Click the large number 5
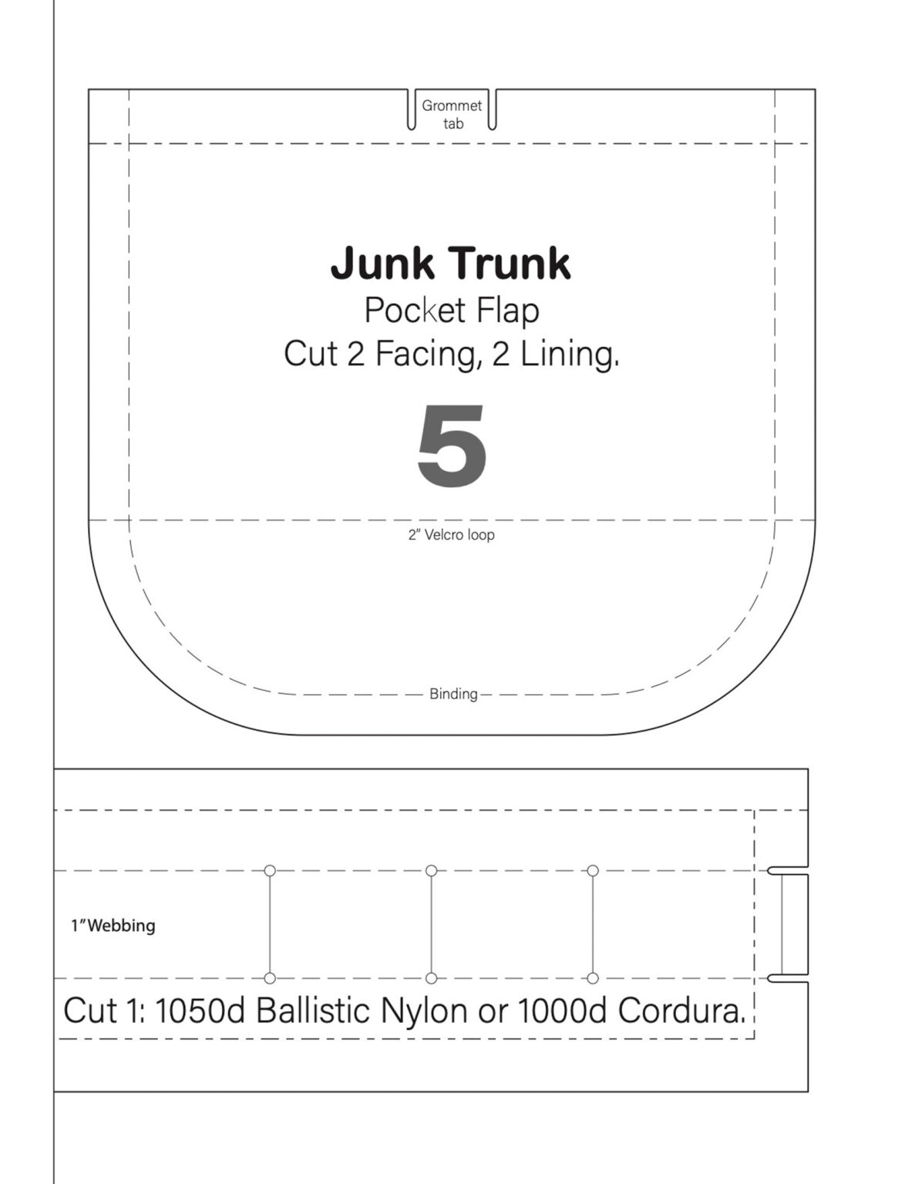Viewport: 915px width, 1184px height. [x=452, y=446]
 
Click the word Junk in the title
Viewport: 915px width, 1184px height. [x=382, y=264]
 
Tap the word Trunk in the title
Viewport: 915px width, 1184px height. [x=510, y=263]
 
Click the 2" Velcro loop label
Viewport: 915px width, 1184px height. [x=452, y=535]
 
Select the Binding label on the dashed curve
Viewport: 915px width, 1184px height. [x=453, y=694]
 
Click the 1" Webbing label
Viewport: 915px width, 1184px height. [x=113, y=925]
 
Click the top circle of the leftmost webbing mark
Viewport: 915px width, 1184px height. [x=270, y=871]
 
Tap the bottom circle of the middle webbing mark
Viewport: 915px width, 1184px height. [x=432, y=978]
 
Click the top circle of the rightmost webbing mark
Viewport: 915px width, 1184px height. [x=593, y=871]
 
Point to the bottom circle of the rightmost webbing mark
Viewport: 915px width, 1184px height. [x=593, y=978]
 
